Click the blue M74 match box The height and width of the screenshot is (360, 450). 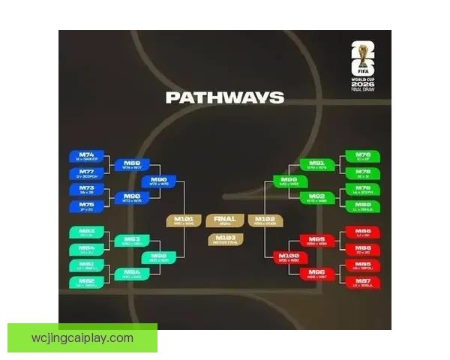[x=87, y=157]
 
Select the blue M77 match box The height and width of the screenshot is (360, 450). [x=87, y=173]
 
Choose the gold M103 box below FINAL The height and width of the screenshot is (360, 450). [x=225, y=239]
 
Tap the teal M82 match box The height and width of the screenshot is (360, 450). [x=87, y=282]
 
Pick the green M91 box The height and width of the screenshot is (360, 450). [x=316, y=164]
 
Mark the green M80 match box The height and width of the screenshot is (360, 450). [x=362, y=206]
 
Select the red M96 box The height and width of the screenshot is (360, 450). [x=316, y=274]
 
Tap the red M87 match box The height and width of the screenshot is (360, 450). [x=362, y=282]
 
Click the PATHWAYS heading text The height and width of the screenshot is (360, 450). [x=224, y=97]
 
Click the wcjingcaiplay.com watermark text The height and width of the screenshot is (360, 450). [x=82, y=338]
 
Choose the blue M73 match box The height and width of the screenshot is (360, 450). [x=87, y=190]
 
